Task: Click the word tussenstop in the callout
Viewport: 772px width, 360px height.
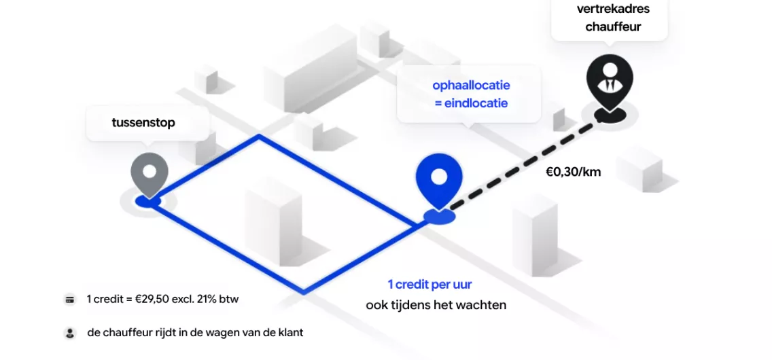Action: (x=143, y=123)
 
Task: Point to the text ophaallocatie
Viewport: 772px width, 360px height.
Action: (x=471, y=86)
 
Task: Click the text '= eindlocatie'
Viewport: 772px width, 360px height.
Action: (x=471, y=104)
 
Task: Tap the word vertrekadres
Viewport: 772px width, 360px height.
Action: (x=613, y=9)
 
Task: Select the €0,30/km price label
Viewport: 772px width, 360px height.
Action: (x=573, y=172)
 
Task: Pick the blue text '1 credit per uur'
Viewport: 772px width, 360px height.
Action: (x=429, y=285)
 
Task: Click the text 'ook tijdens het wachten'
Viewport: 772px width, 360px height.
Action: (x=436, y=305)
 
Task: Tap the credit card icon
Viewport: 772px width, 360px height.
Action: (x=70, y=299)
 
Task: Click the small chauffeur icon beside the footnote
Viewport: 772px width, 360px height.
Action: (x=70, y=333)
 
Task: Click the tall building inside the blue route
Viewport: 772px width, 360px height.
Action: (x=274, y=221)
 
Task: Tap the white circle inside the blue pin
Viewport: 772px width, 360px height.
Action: (x=439, y=177)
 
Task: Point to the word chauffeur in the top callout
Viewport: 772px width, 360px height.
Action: (x=613, y=26)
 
